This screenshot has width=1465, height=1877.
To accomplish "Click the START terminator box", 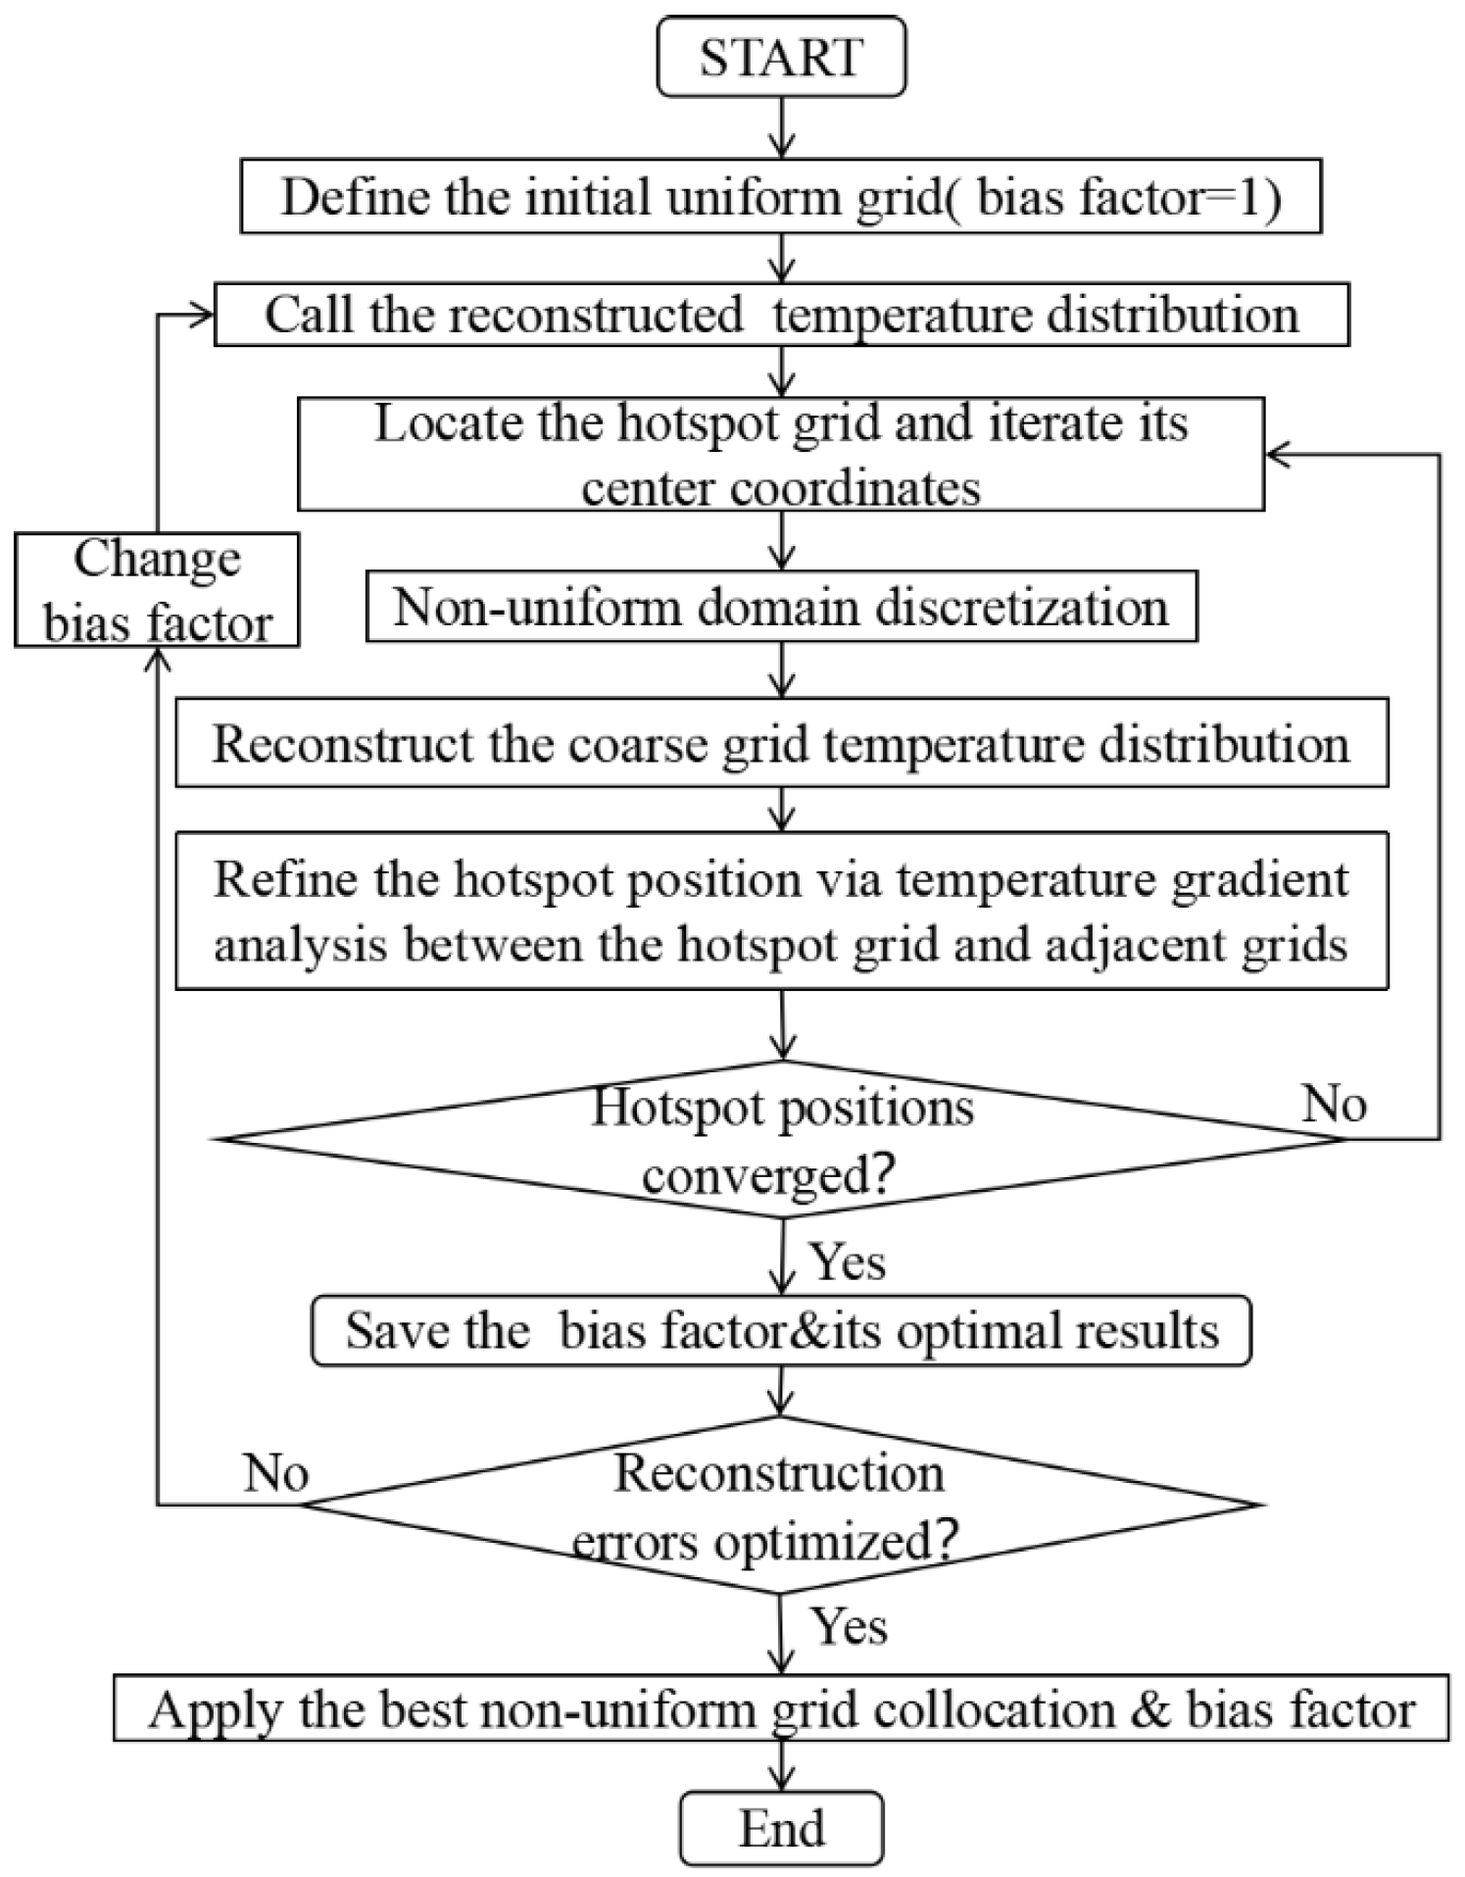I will [781, 57].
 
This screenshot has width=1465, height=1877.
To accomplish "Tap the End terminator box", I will [781, 1828].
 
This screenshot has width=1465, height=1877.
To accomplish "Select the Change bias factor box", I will [157, 590].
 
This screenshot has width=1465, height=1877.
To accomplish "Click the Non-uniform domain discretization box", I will [781, 608].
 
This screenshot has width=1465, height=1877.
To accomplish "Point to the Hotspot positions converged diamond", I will [781, 1139].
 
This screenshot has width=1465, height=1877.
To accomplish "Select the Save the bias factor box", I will [781, 1331].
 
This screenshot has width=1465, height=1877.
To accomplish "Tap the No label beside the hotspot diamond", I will [1334, 1105].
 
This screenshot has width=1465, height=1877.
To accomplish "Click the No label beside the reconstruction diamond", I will [275, 1472].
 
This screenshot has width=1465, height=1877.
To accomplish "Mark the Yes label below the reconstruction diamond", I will [849, 1627].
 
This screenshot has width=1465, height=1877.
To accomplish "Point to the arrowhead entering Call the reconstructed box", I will [201, 315].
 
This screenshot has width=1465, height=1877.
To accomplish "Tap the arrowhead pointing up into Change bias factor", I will [158, 661].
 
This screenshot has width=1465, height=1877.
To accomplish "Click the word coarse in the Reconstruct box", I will [655, 745].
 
